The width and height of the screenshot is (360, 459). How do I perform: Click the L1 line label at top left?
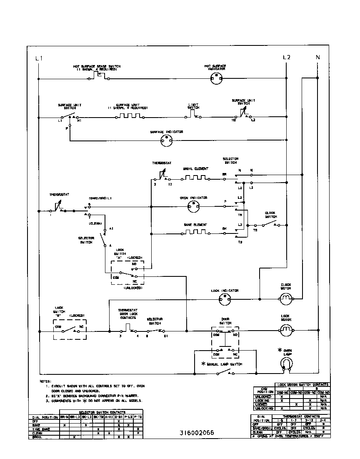[x=38, y=58]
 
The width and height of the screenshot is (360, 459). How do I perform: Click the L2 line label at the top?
[x=286, y=58]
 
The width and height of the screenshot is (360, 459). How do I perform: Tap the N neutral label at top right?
[x=317, y=58]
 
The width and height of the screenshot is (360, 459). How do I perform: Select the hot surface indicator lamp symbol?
[x=215, y=77]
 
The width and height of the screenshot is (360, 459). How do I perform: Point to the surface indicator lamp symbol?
[x=167, y=142]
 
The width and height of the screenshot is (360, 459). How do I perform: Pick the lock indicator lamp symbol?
[x=225, y=299]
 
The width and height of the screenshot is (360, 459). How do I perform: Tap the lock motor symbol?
[x=285, y=331]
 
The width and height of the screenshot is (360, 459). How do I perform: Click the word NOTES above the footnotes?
[x=45, y=381]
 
